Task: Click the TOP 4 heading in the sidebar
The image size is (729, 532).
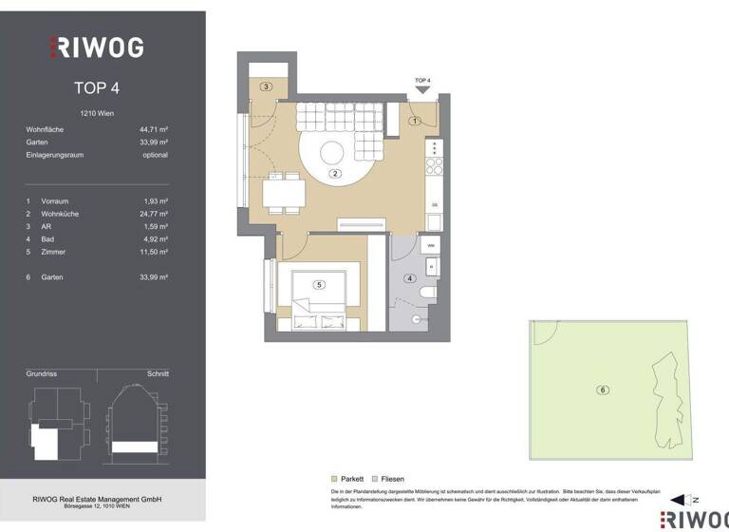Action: tap(96, 88)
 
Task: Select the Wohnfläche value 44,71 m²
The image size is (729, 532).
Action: tap(153, 128)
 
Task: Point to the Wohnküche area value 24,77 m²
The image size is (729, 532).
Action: tap(152, 214)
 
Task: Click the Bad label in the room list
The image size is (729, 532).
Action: tap(47, 239)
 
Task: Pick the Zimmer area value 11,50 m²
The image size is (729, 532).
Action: tap(152, 252)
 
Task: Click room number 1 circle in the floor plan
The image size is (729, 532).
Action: tap(415, 121)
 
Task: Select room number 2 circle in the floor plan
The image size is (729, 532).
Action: tap(335, 174)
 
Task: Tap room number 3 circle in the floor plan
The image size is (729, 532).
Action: tap(267, 87)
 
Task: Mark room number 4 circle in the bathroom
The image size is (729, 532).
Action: tap(410, 278)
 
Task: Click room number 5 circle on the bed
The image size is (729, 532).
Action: tap(319, 284)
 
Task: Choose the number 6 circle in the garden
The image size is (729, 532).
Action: tap(602, 389)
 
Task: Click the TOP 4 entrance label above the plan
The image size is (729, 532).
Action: tap(423, 81)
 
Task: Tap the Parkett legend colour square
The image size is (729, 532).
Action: tap(333, 479)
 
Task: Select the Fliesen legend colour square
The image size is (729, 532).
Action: tap(375, 479)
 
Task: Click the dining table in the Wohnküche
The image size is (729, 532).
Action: tap(285, 196)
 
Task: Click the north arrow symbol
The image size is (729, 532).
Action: tap(682, 500)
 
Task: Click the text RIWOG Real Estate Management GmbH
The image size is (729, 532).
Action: tap(98, 500)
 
